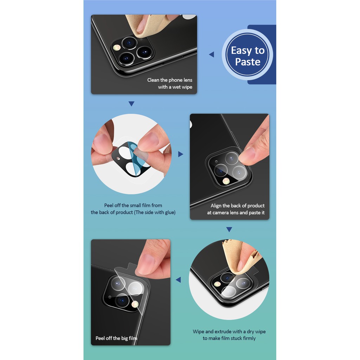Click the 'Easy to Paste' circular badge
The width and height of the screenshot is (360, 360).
(x=247, y=54)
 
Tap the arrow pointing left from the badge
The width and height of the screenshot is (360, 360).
(x=212, y=54)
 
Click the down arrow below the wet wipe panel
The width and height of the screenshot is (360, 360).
(x=131, y=104)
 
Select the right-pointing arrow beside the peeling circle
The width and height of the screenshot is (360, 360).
(x=181, y=154)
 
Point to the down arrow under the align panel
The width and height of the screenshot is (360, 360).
(x=229, y=229)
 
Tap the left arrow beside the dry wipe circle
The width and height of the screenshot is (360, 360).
(x=178, y=279)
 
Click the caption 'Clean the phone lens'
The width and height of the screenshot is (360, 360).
(x=170, y=80)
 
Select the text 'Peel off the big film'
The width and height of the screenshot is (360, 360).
(x=116, y=338)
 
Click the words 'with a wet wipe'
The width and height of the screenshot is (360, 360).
(x=175, y=87)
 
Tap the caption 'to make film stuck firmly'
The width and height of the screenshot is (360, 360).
(x=229, y=338)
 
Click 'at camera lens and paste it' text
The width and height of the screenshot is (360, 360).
(x=236, y=213)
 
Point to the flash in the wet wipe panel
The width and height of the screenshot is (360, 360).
(x=117, y=47)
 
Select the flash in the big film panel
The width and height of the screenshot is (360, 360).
(x=135, y=304)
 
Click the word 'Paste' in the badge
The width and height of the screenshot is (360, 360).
(x=248, y=62)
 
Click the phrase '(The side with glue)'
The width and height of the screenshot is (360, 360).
(x=155, y=212)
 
